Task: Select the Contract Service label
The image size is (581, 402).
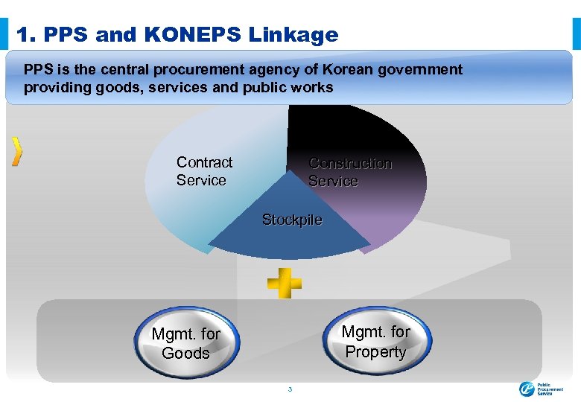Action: (x=204, y=171)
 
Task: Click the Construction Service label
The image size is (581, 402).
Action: (x=349, y=172)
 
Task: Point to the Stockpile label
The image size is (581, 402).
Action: (x=292, y=220)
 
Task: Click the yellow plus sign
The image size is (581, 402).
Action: (x=285, y=282)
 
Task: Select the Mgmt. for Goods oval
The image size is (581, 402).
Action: (x=186, y=343)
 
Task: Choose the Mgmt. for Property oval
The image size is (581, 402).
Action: (x=376, y=342)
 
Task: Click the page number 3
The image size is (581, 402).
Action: (x=290, y=389)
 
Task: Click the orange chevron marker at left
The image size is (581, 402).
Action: (x=17, y=151)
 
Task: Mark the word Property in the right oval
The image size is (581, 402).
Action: (x=376, y=352)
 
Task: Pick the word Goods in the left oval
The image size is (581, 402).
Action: (x=186, y=353)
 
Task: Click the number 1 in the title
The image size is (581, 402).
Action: (x=22, y=34)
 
